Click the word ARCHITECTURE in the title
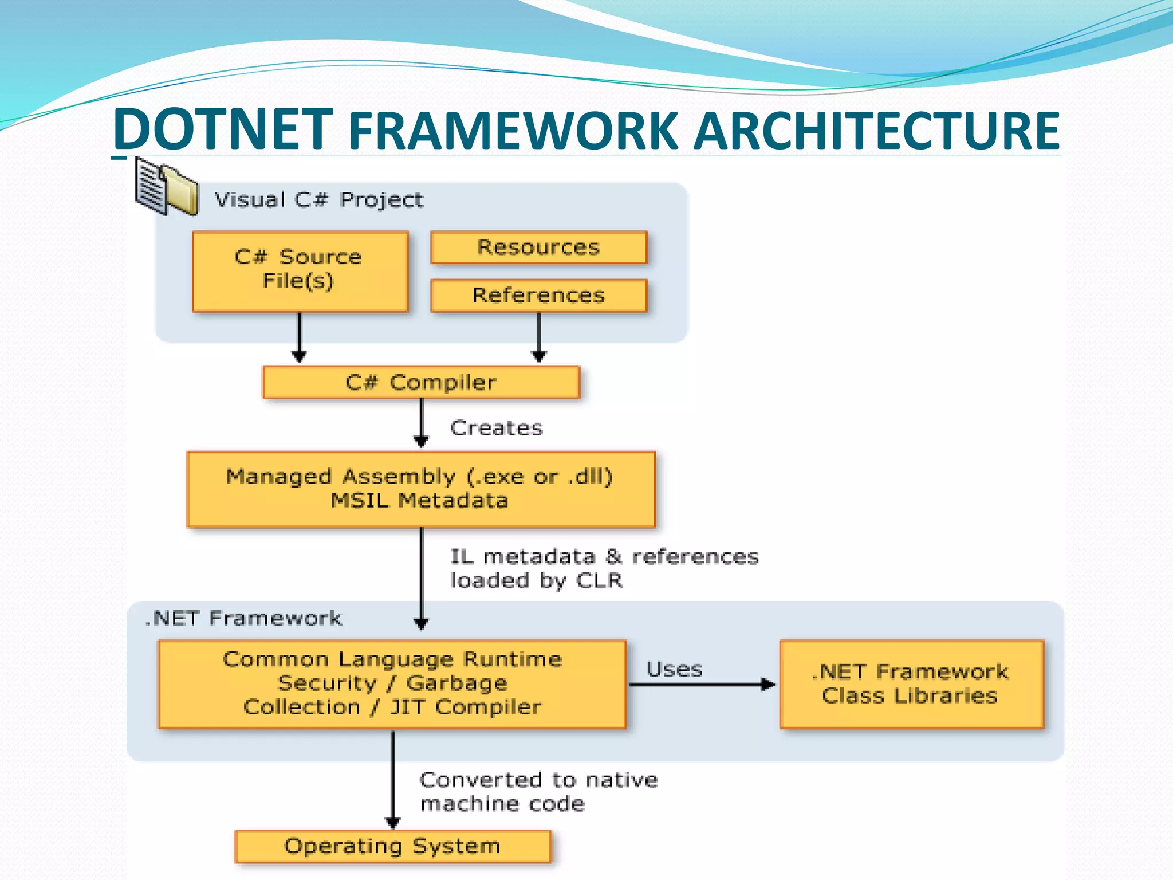click(x=876, y=132)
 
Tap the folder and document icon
click(x=166, y=187)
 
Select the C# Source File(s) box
click(x=300, y=272)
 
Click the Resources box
click(x=538, y=247)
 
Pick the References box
click(x=538, y=296)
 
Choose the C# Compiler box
click(x=421, y=382)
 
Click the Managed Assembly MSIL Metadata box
click(x=421, y=489)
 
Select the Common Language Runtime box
click(x=392, y=684)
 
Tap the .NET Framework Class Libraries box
click(x=911, y=684)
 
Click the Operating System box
click(x=393, y=846)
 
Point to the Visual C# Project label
click(x=318, y=200)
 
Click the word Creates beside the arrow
click(x=496, y=428)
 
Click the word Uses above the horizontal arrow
click(x=674, y=669)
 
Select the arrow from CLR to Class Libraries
click(x=702, y=684)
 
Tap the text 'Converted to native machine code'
click(x=538, y=792)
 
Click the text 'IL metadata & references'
click(x=604, y=557)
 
